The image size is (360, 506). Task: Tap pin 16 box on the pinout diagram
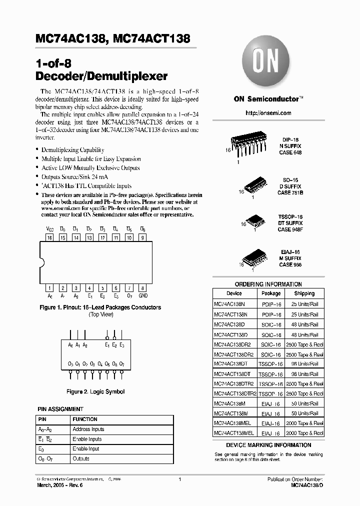(x=49, y=238)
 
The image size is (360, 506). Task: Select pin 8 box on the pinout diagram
(x=142, y=288)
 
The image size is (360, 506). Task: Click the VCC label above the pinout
(x=49, y=229)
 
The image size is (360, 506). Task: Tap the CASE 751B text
(x=290, y=192)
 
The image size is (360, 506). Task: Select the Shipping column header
(x=304, y=293)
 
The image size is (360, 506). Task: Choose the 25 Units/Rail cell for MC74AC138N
(x=304, y=304)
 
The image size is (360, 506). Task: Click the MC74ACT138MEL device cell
(x=234, y=433)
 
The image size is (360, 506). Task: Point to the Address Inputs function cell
(x=88, y=429)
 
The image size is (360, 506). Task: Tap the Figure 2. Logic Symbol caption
(x=95, y=392)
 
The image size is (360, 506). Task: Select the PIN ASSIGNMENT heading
(x=60, y=409)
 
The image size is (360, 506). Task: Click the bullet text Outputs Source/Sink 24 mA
(x=74, y=177)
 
